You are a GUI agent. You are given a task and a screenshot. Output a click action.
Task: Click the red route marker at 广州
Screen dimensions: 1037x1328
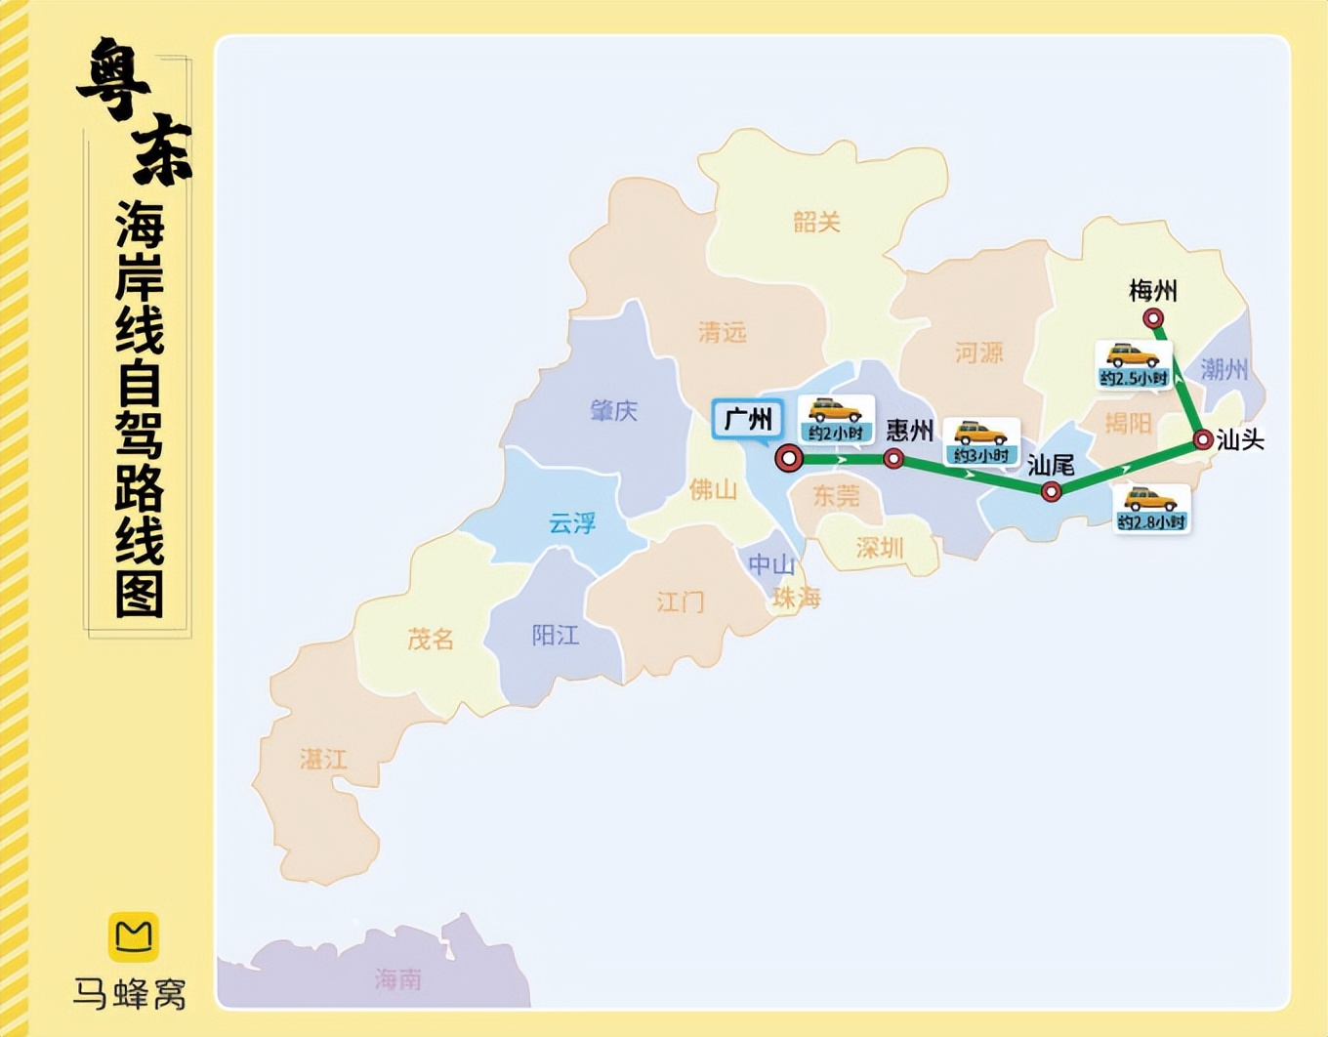(789, 458)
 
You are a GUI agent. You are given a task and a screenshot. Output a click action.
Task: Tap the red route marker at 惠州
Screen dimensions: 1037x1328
(893, 459)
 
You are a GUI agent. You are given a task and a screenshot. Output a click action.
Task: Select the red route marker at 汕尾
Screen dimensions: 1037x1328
(1051, 492)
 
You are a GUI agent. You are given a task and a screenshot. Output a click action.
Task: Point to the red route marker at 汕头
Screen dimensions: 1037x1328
(1203, 440)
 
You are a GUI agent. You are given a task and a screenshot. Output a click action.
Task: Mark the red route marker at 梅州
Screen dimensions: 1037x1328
(1153, 318)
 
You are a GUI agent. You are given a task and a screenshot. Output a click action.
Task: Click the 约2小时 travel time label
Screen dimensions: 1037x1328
(836, 433)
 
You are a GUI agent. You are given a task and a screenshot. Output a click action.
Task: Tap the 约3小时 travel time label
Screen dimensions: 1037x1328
(980, 456)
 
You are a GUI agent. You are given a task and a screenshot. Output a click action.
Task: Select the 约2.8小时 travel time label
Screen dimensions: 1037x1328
(1151, 522)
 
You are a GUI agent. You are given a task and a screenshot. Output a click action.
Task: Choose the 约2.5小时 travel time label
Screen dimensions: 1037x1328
(1133, 378)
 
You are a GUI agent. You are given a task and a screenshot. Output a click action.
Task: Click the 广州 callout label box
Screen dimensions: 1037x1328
(748, 420)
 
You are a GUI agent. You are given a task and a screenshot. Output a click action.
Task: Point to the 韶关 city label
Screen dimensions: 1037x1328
(816, 223)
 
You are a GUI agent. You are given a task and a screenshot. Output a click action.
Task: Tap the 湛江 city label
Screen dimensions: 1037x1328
(323, 759)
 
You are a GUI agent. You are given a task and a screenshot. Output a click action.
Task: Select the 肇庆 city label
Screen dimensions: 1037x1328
(613, 410)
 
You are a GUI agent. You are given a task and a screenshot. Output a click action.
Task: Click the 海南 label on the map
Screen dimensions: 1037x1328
(397, 978)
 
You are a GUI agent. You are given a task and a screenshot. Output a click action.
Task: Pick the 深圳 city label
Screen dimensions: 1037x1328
(879, 549)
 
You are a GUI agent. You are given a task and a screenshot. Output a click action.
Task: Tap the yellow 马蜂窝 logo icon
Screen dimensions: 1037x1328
(133, 936)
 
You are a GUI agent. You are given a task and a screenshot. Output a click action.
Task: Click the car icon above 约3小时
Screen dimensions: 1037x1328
(980, 433)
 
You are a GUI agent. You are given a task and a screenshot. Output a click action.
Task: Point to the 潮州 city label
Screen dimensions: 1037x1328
(1224, 369)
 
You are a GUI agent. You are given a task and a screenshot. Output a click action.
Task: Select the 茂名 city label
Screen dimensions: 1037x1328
(431, 639)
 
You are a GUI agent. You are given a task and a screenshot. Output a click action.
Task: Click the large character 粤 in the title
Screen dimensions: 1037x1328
(116, 81)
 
